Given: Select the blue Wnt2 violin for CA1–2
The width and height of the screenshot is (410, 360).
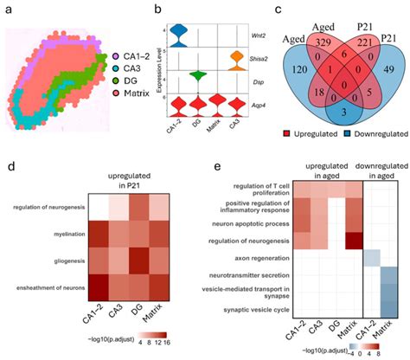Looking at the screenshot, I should click(x=178, y=32).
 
